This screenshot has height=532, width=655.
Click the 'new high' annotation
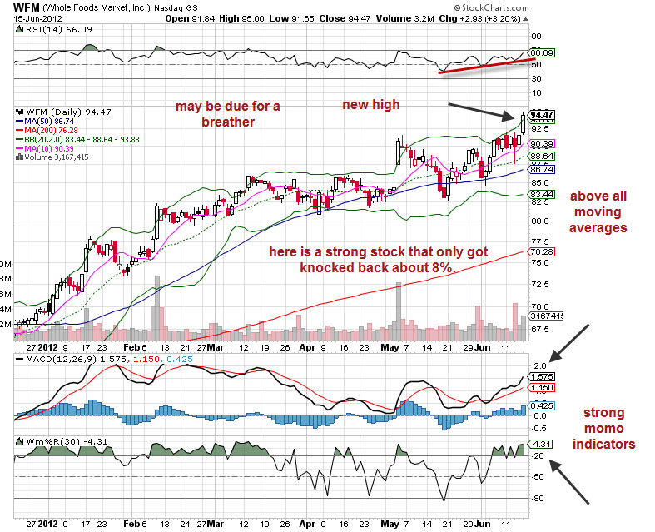(x=371, y=104)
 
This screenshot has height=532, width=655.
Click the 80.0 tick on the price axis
(x=539, y=221)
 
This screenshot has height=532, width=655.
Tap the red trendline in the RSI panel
(x=483, y=66)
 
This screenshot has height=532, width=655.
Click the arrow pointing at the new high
(x=484, y=110)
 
